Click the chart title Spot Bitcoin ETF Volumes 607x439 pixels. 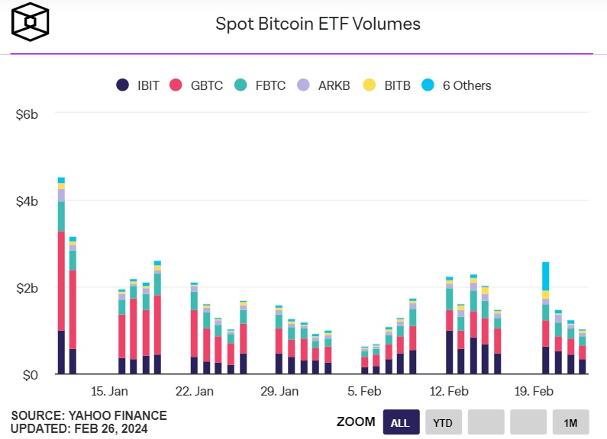[x=318, y=24]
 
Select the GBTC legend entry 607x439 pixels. [x=198, y=85]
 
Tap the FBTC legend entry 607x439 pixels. [x=261, y=85]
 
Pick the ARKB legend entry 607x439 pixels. [x=324, y=85]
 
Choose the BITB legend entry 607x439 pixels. [x=387, y=85]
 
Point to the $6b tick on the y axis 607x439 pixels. [x=27, y=114]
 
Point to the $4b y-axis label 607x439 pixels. [x=27, y=201]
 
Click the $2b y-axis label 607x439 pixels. [x=27, y=288]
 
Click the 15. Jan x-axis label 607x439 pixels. [x=110, y=392]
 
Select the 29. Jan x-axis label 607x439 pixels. [x=279, y=392]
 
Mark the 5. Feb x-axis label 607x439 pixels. [x=364, y=392]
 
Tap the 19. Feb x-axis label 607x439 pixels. [x=534, y=392]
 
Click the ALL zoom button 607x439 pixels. [x=401, y=421]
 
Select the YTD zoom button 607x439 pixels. [x=443, y=421]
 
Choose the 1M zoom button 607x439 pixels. [x=570, y=421]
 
